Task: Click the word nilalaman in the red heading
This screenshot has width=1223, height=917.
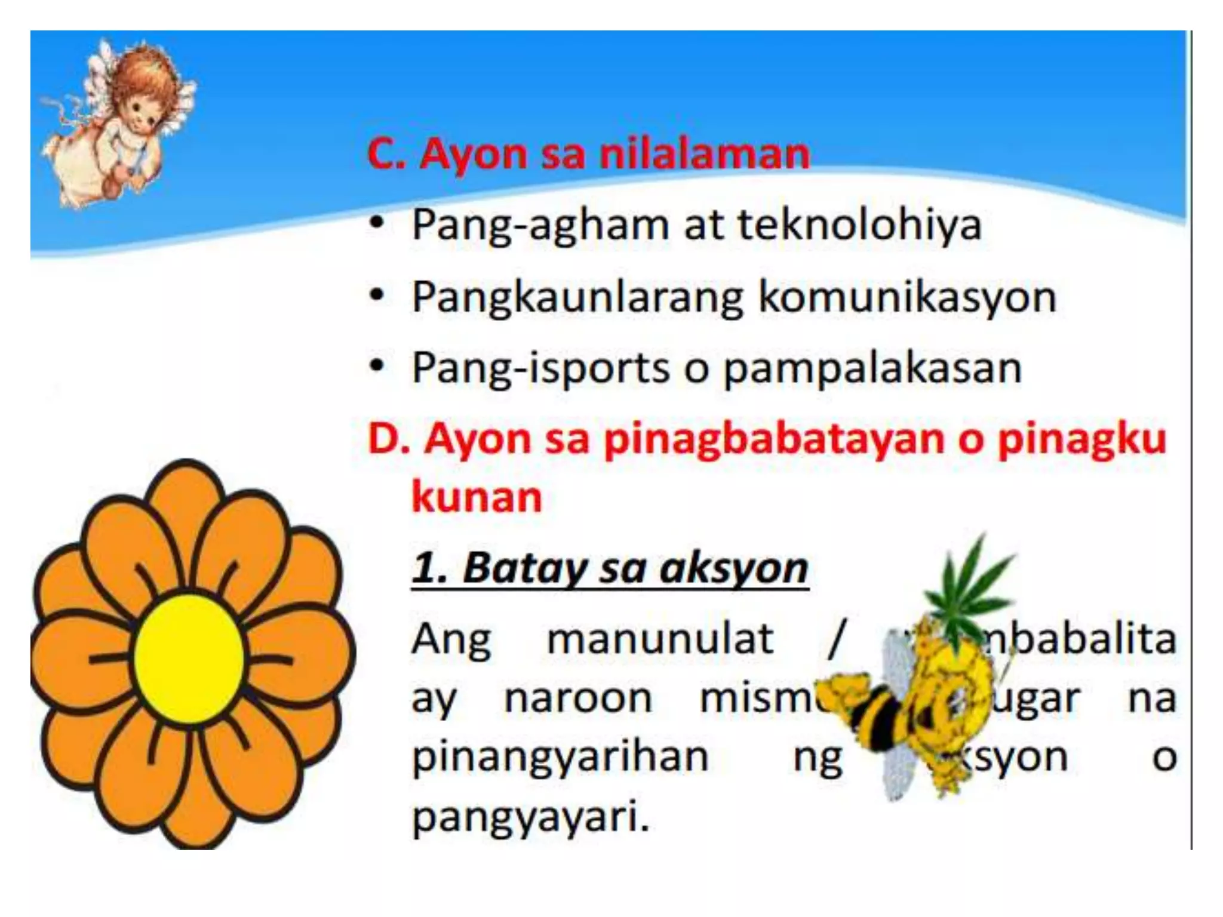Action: click(704, 154)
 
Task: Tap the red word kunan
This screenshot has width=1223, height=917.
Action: click(477, 497)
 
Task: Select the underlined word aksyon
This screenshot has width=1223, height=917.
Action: click(734, 568)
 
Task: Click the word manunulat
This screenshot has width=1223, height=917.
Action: click(660, 639)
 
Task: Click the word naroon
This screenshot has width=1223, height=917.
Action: click(577, 698)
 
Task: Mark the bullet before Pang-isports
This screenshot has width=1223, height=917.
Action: click(376, 366)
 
